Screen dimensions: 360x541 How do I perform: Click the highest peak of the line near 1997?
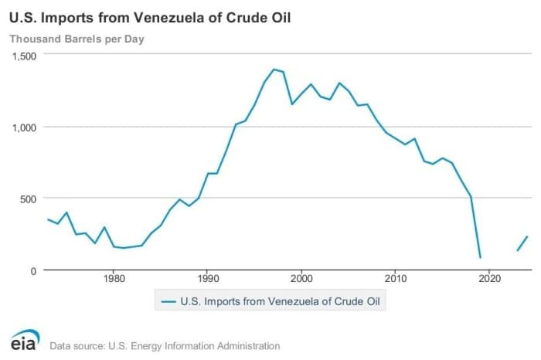[x=274, y=70]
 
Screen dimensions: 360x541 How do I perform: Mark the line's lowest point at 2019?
[x=480, y=257]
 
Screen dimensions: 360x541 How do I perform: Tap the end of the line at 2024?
[x=527, y=236]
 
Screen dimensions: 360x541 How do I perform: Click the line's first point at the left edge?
[x=48, y=219]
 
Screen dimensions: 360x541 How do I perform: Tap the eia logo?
[x=25, y=341]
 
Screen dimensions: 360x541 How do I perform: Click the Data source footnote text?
[x=165, y=346]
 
